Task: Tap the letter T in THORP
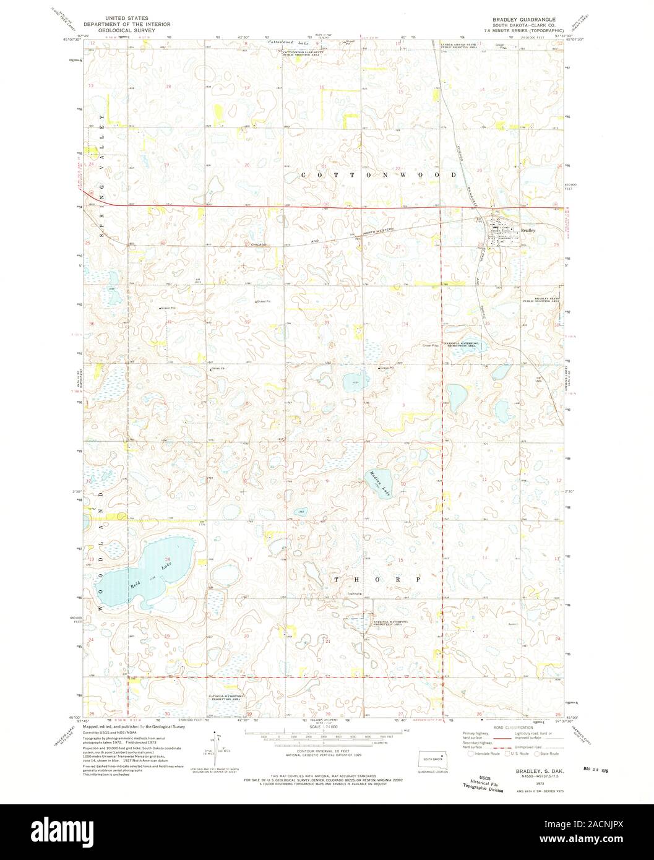click(337, 580)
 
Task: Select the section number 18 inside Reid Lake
click(166, 559)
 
